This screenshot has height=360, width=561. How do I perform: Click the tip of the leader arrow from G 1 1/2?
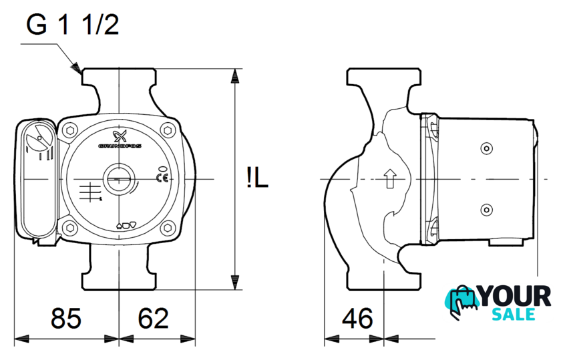click(x=81, y=73)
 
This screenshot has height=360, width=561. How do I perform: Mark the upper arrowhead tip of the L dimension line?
click(x=234, y=69)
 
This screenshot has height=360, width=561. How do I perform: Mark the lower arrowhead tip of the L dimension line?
click(x=234, y=289)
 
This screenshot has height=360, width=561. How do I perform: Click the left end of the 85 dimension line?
click(x=14, y=339)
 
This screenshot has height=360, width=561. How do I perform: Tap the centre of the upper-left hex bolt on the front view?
click(x=70, y=130)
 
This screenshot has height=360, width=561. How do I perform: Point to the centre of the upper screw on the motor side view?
click(x=486, y=148)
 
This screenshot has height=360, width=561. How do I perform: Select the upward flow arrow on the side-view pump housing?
click(x=389, y=178)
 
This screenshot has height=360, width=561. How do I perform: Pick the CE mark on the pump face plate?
click(x=162, y=178)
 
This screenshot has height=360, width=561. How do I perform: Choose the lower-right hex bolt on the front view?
click(x=168, y=228)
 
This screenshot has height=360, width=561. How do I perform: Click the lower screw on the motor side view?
click(x=486, y=210)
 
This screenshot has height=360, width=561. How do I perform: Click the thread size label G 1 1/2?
click(x=73, y=25)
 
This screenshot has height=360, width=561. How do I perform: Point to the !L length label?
click(x=257, y=179)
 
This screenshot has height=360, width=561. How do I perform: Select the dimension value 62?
click(x=153, y=318)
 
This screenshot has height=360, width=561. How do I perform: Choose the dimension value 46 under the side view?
click(x=357, y=318)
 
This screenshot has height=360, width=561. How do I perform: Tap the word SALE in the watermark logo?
click(x=514, y=314)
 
